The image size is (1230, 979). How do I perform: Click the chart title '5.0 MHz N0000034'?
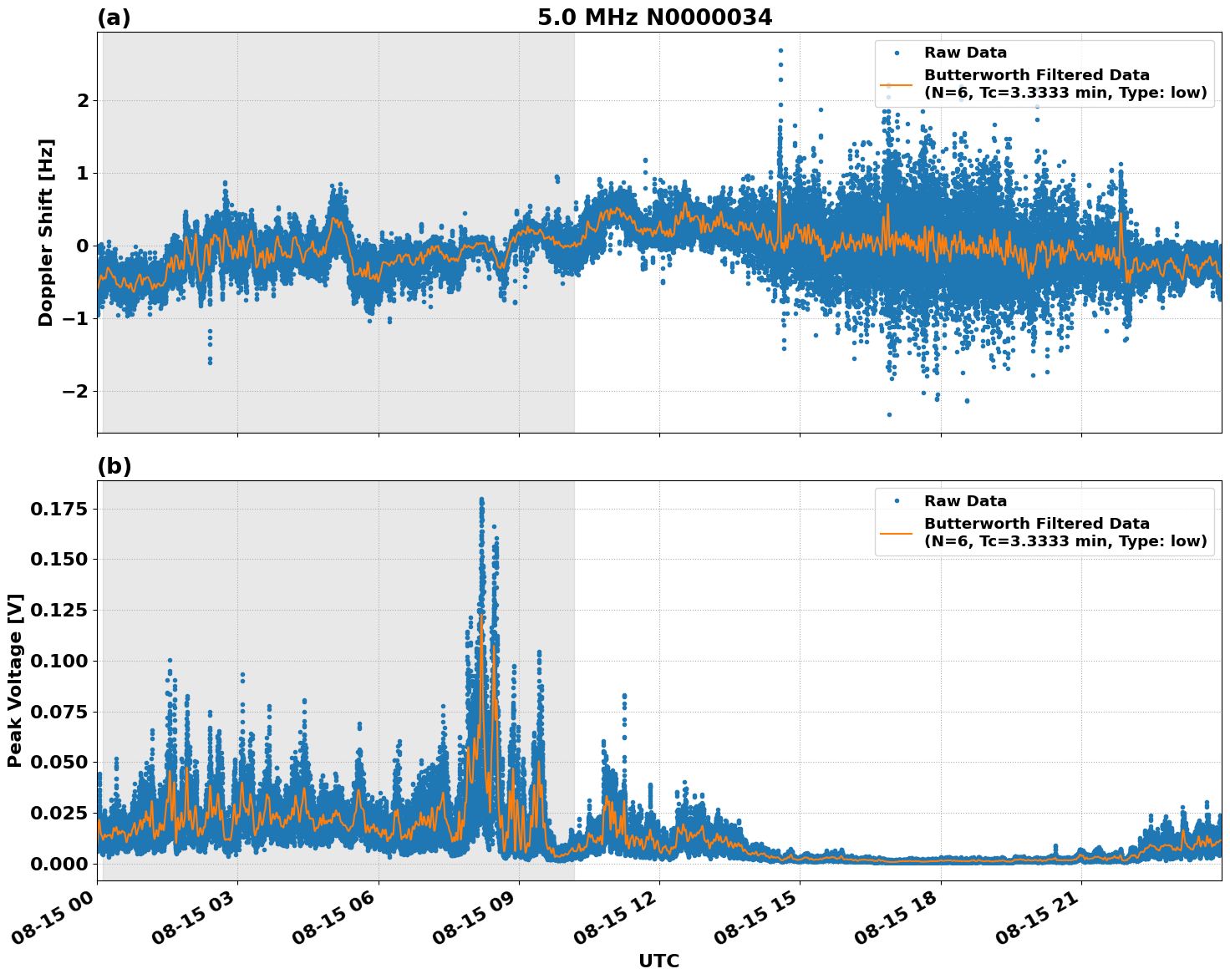(x=654, y=18)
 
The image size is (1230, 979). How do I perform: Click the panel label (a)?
(x=114, y=18)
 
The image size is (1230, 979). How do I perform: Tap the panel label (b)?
(x=114, y=466)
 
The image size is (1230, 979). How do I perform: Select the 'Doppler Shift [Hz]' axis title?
(x=46, y=232)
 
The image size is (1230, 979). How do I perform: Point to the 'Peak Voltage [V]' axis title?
(x=15, y=681)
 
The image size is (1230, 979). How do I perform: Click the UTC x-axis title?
(x=658, y=961)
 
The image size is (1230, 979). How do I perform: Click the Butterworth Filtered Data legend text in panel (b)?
(x=1065, y=532)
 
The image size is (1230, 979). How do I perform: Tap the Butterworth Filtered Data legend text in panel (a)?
(x=1065, y=84)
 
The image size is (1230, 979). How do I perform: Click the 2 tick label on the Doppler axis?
(x=82, y=100)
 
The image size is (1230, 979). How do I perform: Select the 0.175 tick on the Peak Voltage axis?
(x=58, y=509)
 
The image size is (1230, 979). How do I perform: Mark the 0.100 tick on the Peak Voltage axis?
(x=58, y=661)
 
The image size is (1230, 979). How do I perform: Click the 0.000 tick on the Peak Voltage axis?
(x=58, y=864)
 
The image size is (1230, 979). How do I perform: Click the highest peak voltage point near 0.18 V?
(x=481, y=500)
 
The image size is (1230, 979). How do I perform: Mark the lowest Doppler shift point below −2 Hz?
(x=889, y=414)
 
